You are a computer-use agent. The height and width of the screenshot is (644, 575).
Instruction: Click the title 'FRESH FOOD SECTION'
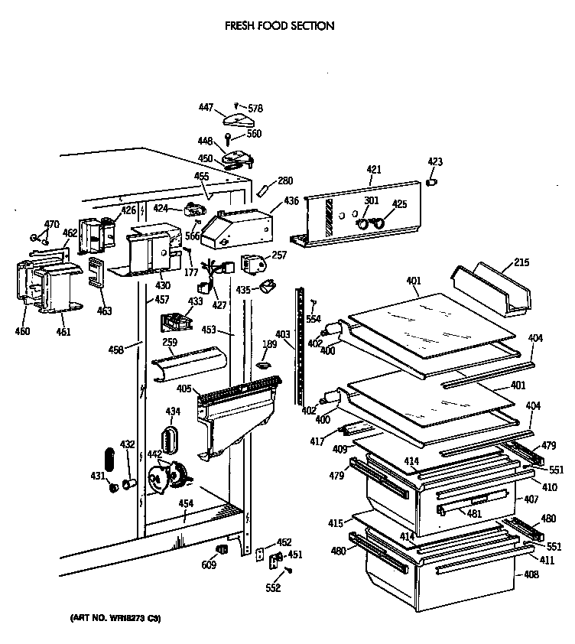pos(279,26)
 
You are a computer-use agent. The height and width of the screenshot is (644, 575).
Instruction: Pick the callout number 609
pos(209,565)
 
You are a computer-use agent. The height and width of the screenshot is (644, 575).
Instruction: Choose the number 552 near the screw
pos(273,587)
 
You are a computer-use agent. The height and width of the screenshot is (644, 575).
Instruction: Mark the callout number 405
pos(184,389)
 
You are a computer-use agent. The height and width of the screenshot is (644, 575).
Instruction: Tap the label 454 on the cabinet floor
pos(185,503)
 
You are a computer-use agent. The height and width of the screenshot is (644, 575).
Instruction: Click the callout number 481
pos(474,514)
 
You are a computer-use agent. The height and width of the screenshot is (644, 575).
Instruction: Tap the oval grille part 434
pos(169,441)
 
